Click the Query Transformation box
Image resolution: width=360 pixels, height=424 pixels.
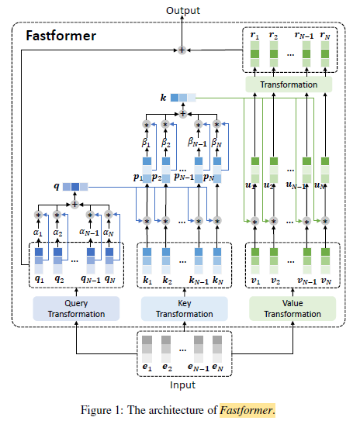[76, 309]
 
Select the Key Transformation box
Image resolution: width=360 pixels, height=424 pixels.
[185, 309]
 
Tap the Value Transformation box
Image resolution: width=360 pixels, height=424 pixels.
[292, 309]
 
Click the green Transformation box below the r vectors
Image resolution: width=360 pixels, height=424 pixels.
[289, 84]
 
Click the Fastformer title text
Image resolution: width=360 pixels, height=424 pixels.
[61, 36]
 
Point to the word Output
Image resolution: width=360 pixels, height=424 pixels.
[183, 11]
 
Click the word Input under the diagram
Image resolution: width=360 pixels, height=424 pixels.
[182, 384]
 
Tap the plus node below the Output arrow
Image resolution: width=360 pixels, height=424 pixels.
[182, 50]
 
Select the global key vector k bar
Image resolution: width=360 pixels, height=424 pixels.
[183, 98]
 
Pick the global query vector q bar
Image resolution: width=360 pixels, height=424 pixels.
[75, 187]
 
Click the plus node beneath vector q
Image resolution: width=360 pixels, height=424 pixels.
[74, 205]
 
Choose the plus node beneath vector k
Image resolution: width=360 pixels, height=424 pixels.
[183, 114]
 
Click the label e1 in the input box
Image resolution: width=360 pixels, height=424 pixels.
[147, 367]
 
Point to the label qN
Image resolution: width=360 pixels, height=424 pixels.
[110, 279]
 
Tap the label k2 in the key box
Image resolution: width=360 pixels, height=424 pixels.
[168, 281]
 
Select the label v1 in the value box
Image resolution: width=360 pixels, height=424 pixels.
[256, 281]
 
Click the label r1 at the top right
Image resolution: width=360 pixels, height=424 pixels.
[254, 36]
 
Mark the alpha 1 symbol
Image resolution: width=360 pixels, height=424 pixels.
[38, 233]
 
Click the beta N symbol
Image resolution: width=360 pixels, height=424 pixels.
[216, 143]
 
